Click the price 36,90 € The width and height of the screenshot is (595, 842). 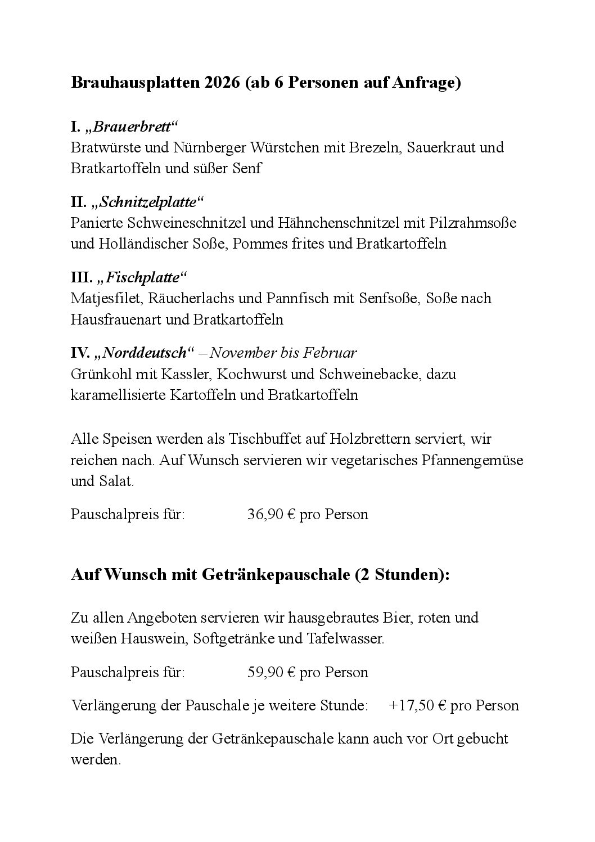(271, 515)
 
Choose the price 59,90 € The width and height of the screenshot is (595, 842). (271, 673)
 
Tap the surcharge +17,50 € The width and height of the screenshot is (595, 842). (417, 705)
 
